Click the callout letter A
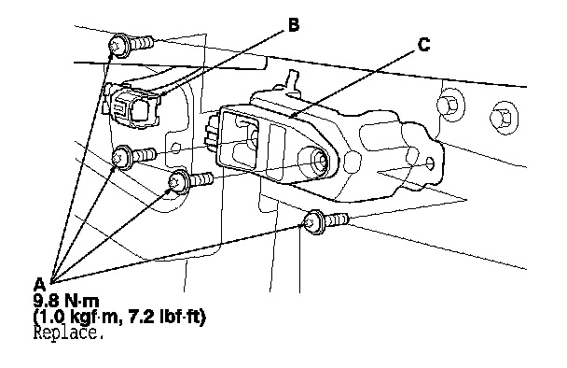39,284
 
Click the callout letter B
294,25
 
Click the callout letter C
423,45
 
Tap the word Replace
68,333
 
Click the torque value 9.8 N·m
66,301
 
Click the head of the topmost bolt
119,46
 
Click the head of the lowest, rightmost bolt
313,221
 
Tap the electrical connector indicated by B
134,107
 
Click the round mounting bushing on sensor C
314,163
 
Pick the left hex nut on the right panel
449,105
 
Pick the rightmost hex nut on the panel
504,117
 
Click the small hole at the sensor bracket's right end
430,164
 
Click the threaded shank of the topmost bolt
141,42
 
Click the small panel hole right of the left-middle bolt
175,148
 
